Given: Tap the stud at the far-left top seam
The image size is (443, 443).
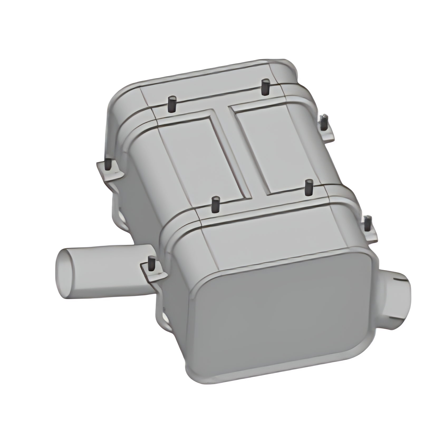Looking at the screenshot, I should point(172,104).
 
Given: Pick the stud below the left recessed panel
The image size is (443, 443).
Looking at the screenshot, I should point(216,204).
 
